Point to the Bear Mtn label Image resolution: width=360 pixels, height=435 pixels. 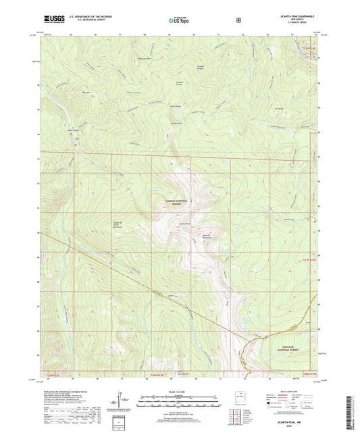(x=86, y=91)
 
